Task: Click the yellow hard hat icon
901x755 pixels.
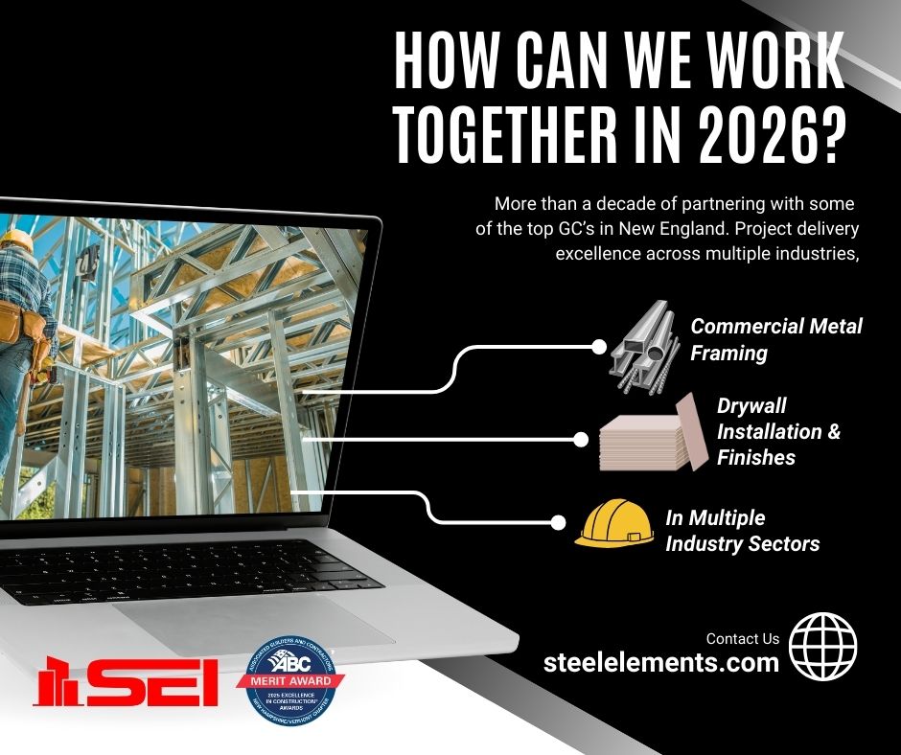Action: coord(613,524)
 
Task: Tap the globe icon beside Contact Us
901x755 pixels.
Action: coord(822,648)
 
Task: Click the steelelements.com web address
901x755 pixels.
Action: coord(660,662)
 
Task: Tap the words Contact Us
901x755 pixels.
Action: coord(742,638)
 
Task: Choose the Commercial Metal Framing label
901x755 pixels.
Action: coord(776,339)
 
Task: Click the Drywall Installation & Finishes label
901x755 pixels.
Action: coord(778,431)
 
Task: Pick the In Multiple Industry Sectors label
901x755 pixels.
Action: coord(742,531)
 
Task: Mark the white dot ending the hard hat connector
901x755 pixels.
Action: coord(558,522)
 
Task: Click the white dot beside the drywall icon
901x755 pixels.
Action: coord(580,440)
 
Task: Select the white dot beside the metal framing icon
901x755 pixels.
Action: coord(600,346)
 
